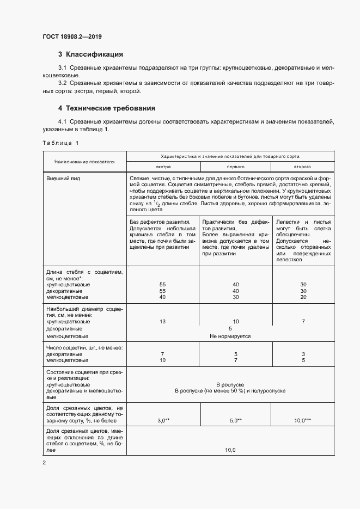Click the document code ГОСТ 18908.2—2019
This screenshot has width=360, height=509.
point(72,37)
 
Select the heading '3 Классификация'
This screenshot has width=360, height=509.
point(90,54)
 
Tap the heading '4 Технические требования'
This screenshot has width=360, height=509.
point(107,108)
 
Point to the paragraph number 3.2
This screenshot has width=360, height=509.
point(63,82)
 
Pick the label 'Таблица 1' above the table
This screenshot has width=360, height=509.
point(60,143)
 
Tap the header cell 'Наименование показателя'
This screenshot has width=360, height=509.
point(84,162)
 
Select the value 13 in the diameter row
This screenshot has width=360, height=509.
point(162,322)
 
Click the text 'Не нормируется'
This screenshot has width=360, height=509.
point(230,336)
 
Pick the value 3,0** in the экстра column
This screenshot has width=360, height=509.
point(163,421)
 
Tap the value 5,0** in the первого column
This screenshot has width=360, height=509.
point(235,421)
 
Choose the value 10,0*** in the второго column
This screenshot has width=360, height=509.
point(302,421)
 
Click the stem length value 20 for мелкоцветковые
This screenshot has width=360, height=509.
point(303,297)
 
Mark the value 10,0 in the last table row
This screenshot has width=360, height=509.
point(230,450)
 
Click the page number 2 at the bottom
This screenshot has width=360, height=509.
point(44,463)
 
